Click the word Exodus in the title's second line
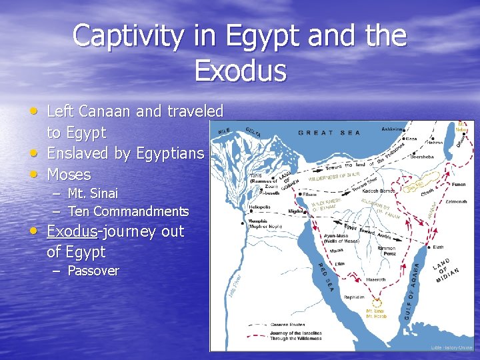(240, 71)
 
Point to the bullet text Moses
(69, 175)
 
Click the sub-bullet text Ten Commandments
(129, 211)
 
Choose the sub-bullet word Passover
(93, 271)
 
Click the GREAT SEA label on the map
(329, 133)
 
